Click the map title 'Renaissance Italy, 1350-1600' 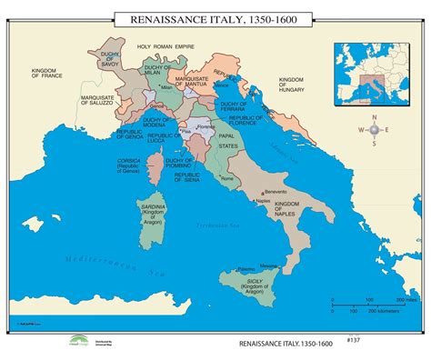click(215, 17)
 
